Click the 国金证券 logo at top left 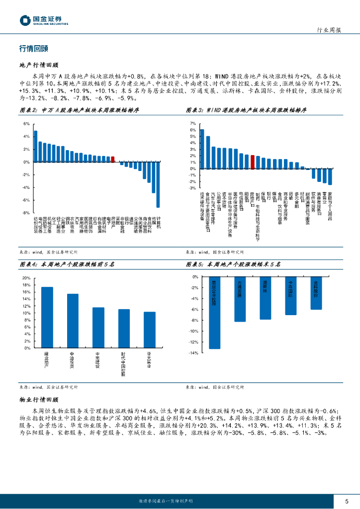pyautogui.click(x=44, y=20)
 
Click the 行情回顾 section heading pyautogui.click(x=34, y=49)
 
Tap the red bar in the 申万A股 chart pyautogui.click(x=112, y=159)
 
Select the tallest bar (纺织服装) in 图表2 pyautogui.click(x=35, y=147)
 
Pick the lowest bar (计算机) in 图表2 pyautogui.click(x=158, y=184)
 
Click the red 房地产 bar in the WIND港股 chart pyautogui.click(x=253, y=162)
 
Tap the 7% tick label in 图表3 pyautogui.click(x=192, y=123)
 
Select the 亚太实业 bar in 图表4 pyautogui.click(x=150, y=330)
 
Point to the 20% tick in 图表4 pyautogui.click(x=27, y=285)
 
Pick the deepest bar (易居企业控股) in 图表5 pyautogui.click(x=214, y=313)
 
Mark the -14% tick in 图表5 pyautogui.click(x=194, y=353)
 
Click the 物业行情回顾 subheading pyautogui.click(x=39, y=399)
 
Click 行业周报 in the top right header pyautogui.click(x=329, y=30)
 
